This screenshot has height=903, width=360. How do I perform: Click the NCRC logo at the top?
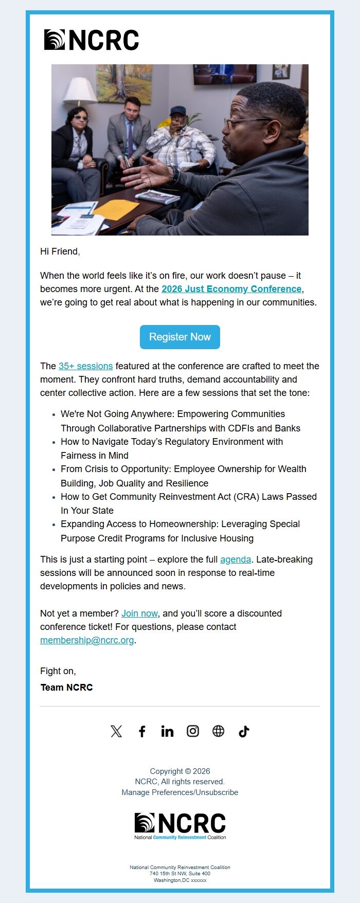tap(92, 40)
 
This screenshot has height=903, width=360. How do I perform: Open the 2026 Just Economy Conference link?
tap(231, 289)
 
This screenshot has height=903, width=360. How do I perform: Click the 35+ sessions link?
tap(85, 366)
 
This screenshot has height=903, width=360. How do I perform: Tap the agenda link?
tap(236, 559)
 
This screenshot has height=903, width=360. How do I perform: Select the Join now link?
tap(139, 613)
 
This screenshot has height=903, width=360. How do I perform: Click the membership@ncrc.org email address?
tap(87, 640)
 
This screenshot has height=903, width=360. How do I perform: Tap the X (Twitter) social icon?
tap(116, 731)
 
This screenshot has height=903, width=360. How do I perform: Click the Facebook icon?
tap(142, 731)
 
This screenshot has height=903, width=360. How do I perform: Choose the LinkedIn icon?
tap(167, 731)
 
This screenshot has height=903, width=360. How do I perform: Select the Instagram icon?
tap(193, 731)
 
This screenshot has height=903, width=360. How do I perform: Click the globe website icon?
tap(219, 731)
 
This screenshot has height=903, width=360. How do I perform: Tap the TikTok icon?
tap(244, 731)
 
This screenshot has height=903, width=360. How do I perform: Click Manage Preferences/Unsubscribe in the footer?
tap(180, 792)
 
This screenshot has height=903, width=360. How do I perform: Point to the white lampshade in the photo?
tap(80, 91)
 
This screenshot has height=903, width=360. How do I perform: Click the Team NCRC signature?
tap(66, 688)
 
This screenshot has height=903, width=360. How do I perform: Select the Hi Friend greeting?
tap(60, 251)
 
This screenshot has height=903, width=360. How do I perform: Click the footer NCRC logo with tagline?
tap(180, 826)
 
